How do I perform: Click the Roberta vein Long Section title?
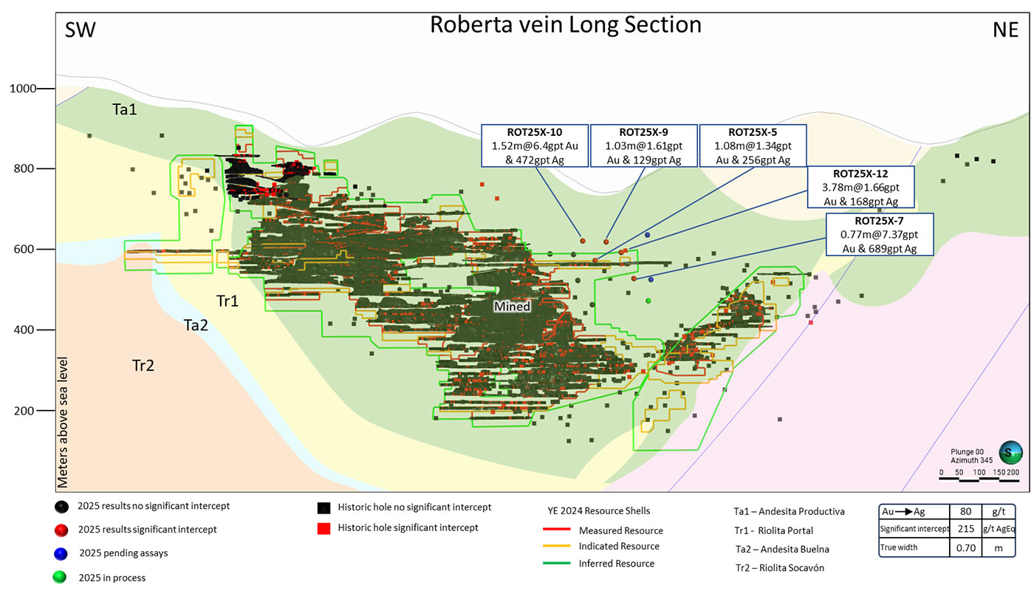point(565,25)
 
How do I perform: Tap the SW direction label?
point(81,30)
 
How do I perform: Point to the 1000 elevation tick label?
point(22,89)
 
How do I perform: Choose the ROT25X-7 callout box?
point(880,236)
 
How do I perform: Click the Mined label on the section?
point(513,306)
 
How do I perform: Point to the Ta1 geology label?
point(124,109)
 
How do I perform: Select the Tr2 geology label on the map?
point(143,365)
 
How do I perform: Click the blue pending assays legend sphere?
point(61,553)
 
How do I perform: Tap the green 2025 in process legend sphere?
point(61,578)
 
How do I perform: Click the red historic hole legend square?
point(323,528)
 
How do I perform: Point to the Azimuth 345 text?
point(968,460)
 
